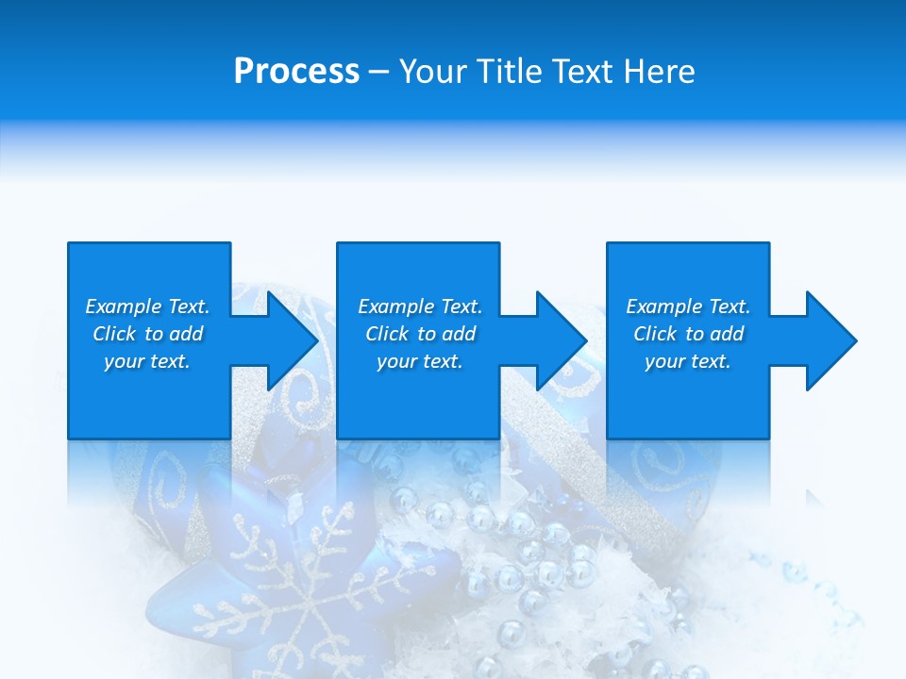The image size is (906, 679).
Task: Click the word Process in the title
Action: (296, 72)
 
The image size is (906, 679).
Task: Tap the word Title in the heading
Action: (510, 72)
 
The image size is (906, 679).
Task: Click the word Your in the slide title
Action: (436, 72)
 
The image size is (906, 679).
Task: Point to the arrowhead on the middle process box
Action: (561, 340)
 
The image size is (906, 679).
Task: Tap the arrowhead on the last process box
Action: (830, 340)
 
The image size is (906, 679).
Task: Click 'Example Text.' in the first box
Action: (147, 306)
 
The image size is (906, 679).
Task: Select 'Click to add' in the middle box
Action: (421, 334)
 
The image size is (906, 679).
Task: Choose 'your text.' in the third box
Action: (688, 361)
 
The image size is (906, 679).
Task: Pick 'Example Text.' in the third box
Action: (688, 306)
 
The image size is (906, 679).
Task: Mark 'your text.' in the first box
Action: (147, 361)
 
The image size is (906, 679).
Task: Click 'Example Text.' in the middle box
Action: (420, 306)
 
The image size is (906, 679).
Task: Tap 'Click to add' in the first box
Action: (148, 334)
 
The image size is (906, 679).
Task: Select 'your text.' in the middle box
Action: (420, 361)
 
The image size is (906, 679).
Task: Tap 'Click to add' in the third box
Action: (689, 334)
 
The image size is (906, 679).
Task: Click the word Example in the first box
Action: (124, 306)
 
